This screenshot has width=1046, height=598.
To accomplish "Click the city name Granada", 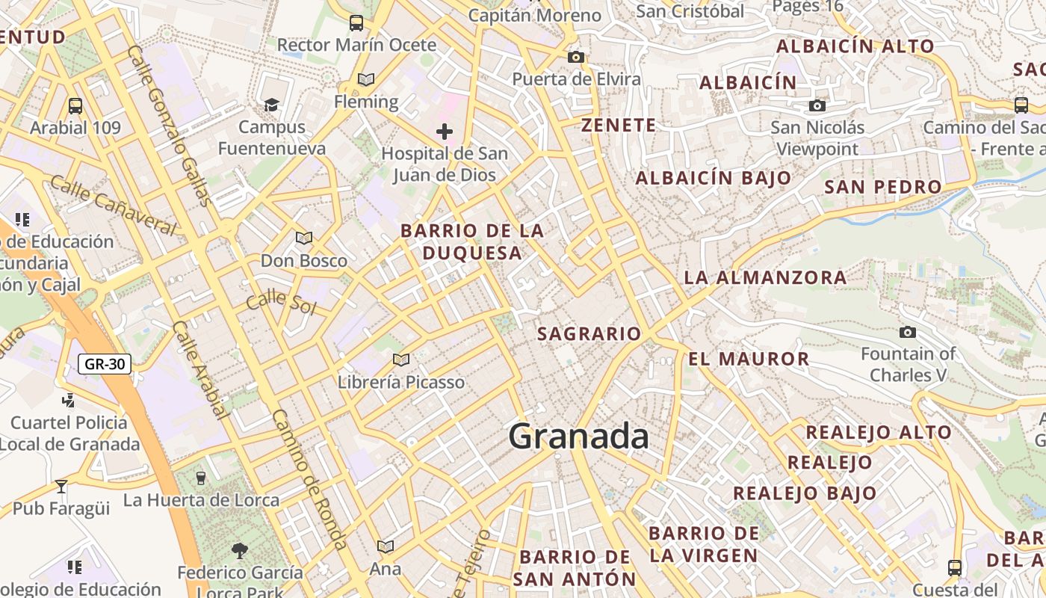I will click(578, 437).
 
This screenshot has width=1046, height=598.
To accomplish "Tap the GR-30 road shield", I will click(105, 365).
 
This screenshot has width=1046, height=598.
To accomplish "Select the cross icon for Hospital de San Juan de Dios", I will click(445, 132).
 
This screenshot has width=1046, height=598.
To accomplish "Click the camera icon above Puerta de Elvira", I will click(575, 57).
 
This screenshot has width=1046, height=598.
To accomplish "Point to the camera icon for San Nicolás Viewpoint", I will click(817, 105).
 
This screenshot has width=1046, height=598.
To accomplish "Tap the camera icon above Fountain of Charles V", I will click(908, 332).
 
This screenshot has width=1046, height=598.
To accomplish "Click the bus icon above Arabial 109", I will click(75, 105).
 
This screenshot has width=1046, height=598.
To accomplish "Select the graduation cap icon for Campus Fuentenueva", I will click(271, 105).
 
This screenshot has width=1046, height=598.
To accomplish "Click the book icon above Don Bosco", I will click(303, 238).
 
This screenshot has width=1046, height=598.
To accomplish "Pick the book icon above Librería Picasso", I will click(401, 360).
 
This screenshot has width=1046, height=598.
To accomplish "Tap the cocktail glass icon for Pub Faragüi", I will click(61, 487).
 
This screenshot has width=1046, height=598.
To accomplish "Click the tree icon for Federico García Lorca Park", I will click(240, 551).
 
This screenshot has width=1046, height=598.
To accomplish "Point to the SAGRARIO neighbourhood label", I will click(589, 334).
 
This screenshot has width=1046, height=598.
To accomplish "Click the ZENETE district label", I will click(619, 126).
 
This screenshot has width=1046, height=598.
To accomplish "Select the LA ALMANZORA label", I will click(765, 278).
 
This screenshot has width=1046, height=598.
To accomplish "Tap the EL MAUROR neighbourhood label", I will click(749, 359).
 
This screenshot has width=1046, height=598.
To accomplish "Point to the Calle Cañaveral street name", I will click(114, 204).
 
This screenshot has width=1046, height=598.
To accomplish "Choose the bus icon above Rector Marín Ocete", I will click(356, 23).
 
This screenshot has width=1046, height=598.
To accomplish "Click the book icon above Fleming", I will click(365, 79).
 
